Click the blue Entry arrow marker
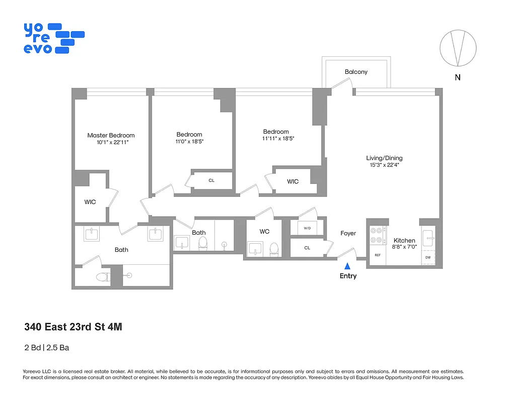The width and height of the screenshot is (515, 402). pyautogui.click(x=347, y=266)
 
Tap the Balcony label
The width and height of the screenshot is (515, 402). pyautogui.click(x=356, y=72)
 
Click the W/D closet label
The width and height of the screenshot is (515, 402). pyautogui.click(x=307, y=228)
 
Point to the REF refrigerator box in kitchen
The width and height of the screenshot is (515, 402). pyautogui.click(x=377, y=255)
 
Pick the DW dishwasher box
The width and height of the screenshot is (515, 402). pyautogui.click(x=428, y=257)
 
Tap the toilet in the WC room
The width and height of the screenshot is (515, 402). pyautogui.click(x=274, y=249)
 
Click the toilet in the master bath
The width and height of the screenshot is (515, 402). pyautogui.click(x=102, y=277)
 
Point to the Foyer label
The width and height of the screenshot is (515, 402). pyautogui.click(x=348, y=233)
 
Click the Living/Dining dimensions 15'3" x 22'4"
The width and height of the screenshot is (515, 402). pyautogui.click(x=384, y=165)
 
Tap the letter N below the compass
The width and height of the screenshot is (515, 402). pyautogui.click(x=458, y=77)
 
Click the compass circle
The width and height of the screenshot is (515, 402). pyautogui.click(x=458, y=48)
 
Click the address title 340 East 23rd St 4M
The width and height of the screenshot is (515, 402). pyautogui.click(x=73, y=327)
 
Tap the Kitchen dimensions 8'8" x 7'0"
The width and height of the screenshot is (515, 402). pyautogui.click(x=404, y=247)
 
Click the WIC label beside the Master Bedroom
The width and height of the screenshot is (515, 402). pyautogui.click(x=90, y=202)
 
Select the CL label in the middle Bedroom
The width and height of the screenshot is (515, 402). pyautogui.click(x=211, y=180)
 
